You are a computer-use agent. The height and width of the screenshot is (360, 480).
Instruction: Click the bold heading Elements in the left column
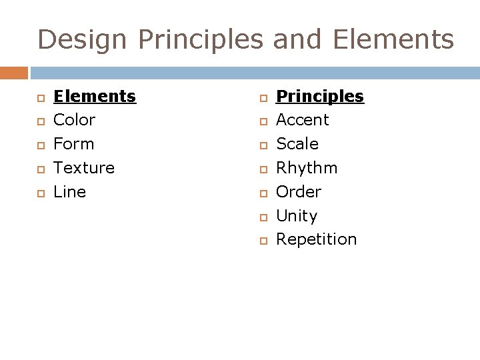[94, 97]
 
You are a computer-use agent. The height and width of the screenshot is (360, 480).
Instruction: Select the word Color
[74, 121]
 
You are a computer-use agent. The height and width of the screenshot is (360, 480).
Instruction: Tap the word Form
[73, 144]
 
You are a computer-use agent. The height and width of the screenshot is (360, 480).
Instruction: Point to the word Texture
[84, 168]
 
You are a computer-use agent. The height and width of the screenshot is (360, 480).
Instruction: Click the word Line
[69, 192]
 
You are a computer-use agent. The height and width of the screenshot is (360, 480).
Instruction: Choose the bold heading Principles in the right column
[320, 97]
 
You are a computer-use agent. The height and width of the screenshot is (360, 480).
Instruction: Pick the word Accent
[302, 121]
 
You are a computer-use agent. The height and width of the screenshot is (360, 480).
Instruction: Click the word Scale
[297, 144]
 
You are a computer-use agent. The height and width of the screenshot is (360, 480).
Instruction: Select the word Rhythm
[307, 168]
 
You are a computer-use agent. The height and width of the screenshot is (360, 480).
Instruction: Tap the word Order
[298, 192]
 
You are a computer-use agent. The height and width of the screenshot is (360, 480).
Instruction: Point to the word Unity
[296, 216]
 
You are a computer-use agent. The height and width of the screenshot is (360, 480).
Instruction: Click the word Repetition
[316, 239]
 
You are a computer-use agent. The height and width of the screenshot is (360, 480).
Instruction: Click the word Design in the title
[83, 40]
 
